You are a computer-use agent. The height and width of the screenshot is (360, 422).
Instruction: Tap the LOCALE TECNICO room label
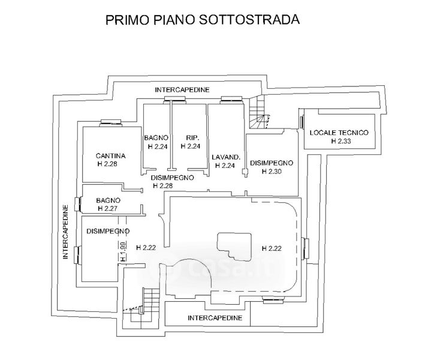tap(338, 133)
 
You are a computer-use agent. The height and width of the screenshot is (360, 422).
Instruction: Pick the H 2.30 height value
tap(272, 171)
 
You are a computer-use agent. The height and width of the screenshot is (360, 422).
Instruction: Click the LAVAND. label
tap(226, 158)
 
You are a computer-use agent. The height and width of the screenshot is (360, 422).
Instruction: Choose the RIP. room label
tap(192, 137)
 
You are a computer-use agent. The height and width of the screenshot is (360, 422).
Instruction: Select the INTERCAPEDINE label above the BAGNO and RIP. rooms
tap(182, 89)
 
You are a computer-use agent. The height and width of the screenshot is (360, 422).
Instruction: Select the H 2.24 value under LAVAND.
tap(226, 166)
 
